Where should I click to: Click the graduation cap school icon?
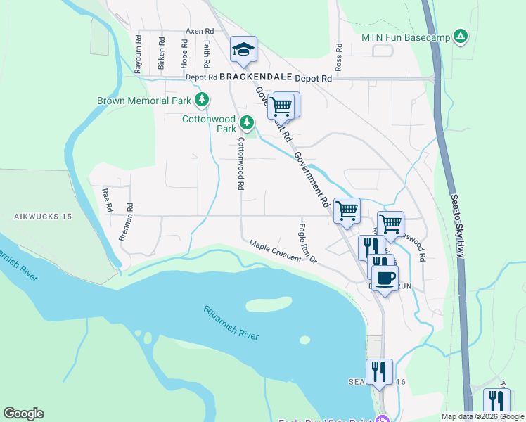tap(243, 49)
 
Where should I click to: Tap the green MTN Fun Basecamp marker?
tap(460, 36)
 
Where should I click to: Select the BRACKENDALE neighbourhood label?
tap(252, 77)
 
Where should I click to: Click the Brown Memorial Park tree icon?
tap(202, 100)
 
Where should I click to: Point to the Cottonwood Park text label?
tap(209, 124)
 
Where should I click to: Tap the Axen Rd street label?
tap(200, 32)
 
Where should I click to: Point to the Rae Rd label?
tap(108, 200)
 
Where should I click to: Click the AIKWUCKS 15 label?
tap(43, 217)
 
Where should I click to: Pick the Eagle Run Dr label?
tap(307, 243)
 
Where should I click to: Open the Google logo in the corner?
tap(23, 414)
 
